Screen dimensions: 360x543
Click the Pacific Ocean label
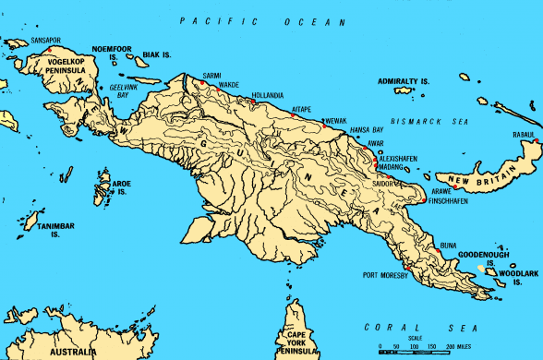(x=263, y=19)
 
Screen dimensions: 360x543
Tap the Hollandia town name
(x=261, y=95)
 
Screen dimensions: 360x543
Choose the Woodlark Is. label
(x=518, y=273)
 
